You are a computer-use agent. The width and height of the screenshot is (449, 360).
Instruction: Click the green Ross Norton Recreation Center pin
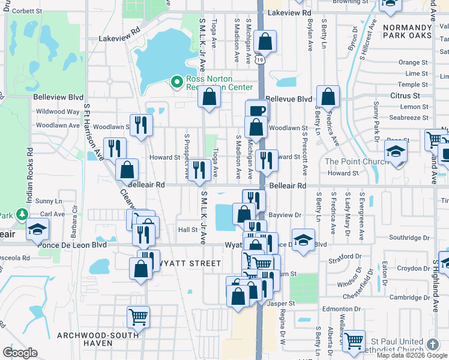coord(177,81)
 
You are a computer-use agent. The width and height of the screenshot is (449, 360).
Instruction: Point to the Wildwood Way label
coord(58,112)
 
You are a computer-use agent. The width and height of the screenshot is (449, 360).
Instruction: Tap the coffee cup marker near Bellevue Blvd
coord(258,111)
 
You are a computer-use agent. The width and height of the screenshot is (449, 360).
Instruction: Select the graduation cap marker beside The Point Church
coord(396,151)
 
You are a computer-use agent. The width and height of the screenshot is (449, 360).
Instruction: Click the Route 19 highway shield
coord(258,60)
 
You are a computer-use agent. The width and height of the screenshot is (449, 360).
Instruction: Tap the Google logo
coord(20,352)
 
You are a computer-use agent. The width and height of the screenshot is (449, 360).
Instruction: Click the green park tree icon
coord(23,214)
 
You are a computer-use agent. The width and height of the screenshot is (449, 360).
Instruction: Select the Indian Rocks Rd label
coord(29,178)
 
